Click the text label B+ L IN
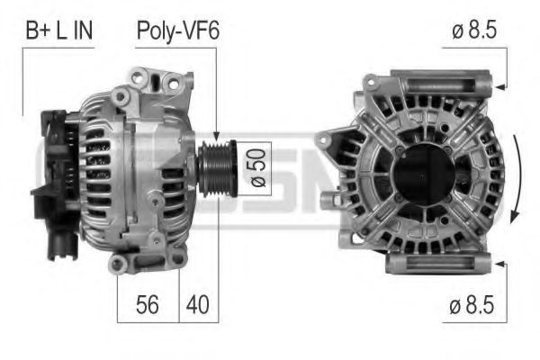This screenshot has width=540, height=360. (59, 31)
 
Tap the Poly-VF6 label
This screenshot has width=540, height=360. (178, 31)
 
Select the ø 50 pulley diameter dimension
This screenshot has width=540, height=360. (258, 167)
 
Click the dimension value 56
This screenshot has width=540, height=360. (148, 304)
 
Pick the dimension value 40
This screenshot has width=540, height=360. (198, 304)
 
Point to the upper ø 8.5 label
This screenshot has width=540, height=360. (474, 31)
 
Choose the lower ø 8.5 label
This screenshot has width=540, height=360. (472, 305)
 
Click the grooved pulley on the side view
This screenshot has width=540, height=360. (217, 168)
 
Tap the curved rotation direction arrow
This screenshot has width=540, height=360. (516, 178)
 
